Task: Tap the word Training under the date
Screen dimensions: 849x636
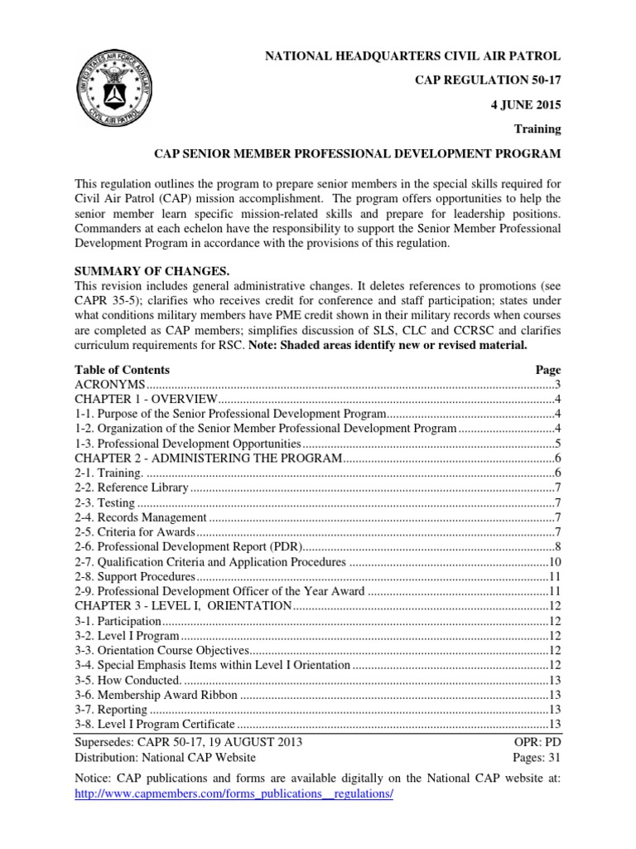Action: [x=538, y=129]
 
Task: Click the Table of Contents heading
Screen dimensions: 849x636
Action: [x=122, y=370]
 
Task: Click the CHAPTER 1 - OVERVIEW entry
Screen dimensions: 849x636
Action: [x=147, y=400]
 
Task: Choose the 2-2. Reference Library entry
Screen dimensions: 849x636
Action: [x=132, y=488]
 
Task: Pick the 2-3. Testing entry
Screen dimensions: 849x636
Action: [x=105, y=502]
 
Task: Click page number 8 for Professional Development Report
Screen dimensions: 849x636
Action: [x=557, y=547]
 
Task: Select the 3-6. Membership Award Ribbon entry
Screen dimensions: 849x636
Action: [x=156, y=694]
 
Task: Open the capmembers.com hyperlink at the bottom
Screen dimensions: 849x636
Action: [x=234, y=793]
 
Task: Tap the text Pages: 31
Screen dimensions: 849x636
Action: [x=537, y=757]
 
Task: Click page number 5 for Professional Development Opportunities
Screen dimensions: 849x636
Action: [x=557, y=444]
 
